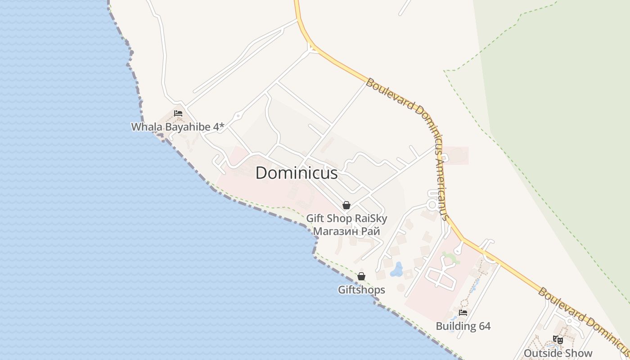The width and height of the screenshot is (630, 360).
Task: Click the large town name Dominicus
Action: point(297,173)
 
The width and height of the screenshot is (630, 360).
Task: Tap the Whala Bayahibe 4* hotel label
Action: point(177,127)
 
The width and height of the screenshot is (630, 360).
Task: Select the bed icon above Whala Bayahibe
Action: point(178,113)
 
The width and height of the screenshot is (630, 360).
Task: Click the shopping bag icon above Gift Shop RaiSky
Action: point(346,206)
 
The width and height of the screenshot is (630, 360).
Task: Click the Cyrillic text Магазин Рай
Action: point(346,231)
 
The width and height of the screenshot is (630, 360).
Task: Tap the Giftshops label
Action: point(361,290)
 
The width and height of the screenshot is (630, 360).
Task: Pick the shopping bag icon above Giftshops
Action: point(361,276)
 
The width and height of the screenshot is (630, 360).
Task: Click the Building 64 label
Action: point(463,326)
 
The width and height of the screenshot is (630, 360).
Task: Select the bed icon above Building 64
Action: point(463,313)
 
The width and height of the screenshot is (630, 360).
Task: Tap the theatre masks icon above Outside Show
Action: point(558,340)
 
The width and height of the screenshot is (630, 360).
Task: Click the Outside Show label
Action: point(558,353)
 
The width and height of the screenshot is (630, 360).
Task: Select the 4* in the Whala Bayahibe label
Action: point(219,127)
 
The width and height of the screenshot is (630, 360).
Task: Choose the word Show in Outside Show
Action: point(579,353)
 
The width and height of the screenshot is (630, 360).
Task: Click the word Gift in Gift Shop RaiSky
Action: point(315,219)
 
